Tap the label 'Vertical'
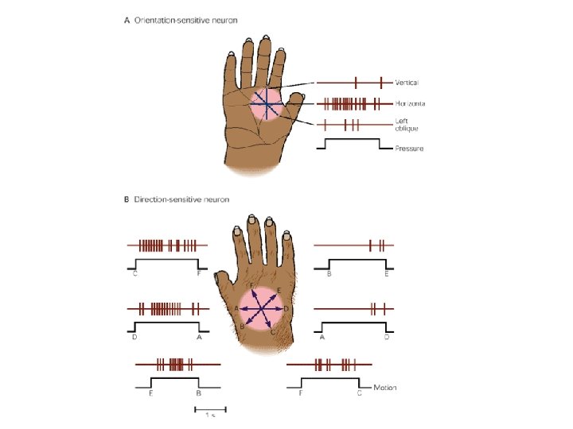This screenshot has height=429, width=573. [x=407, y=82]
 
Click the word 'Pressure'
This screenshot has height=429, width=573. [x=409, y=149]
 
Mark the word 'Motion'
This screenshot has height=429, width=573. [x=384, y=388]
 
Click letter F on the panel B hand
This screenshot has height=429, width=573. [x=252, y=284]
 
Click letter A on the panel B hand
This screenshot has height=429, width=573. [x=237, y=308]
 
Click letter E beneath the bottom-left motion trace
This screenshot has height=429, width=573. [x=150, y=392]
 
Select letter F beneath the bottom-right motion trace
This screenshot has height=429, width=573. [x=300, y=392]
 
